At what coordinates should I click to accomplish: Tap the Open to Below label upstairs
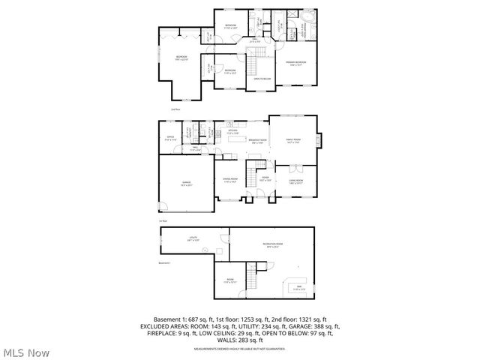pos(262,78)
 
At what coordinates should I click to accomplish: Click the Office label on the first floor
pos(170,137)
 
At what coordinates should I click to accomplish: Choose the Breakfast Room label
pos(255,141)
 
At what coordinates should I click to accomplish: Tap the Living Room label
pos(294,181)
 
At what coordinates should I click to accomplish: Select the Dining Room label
pos(229,178)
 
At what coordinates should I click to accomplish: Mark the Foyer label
pos(264,178)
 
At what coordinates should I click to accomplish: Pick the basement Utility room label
pos(193,238)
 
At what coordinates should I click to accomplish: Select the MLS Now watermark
pos(26,352)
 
